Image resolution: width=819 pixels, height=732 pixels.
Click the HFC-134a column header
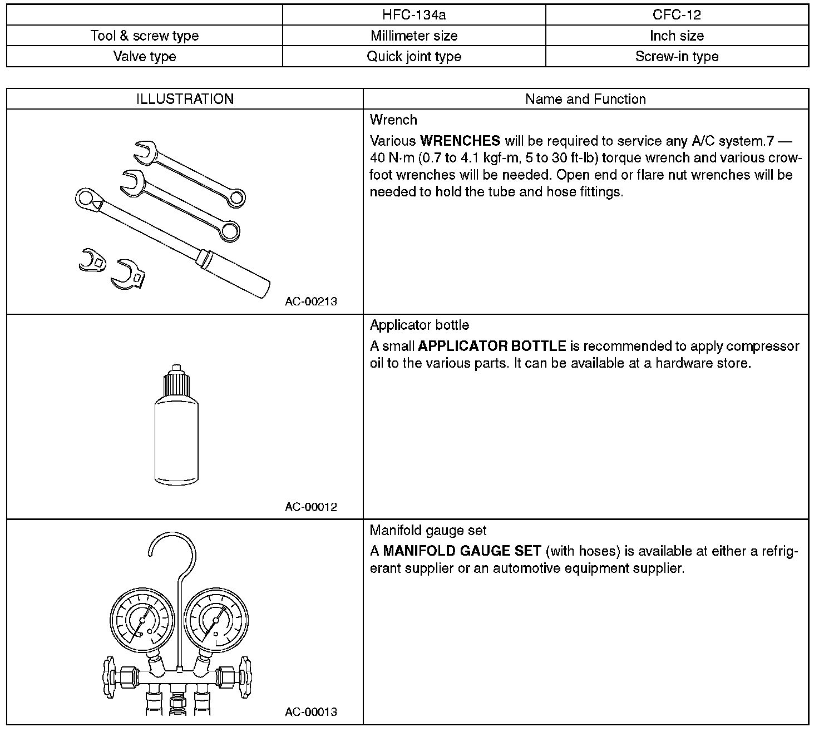(414, 15)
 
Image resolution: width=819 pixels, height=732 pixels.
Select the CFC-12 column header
(677, 15)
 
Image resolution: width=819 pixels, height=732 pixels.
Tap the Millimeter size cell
(414, 36)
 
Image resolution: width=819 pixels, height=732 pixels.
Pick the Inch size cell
(677, 36)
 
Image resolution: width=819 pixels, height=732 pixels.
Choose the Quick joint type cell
(414, 57)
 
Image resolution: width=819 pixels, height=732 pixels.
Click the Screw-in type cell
(677, 57)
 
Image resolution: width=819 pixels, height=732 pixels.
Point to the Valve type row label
(145, 57)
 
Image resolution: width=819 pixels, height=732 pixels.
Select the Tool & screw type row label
(145, 36)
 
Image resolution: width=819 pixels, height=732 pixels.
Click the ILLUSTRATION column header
(185, 100)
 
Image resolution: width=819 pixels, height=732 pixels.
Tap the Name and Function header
(585, 100)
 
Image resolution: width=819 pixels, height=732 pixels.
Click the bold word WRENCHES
(460, 141)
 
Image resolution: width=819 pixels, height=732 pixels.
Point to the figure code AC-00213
(311, 302)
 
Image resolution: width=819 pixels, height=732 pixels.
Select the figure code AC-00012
(311, 507)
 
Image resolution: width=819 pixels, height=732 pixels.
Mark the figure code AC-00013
(311, 712)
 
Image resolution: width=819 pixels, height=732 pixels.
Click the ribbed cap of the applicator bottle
(176, 384)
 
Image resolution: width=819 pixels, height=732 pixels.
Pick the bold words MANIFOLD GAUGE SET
(462, 551)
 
